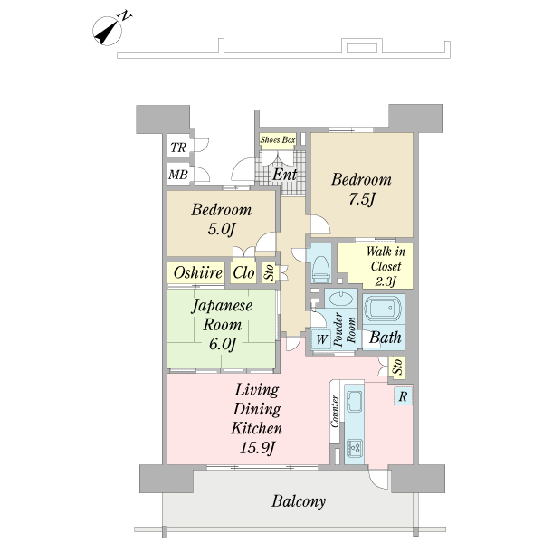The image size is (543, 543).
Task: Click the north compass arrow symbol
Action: click(x=108, y=31)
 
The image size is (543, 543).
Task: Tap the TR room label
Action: click(x=178, y=148)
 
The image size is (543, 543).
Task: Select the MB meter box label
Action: click(x=178, y=174)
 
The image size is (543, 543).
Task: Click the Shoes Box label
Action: click(x=278, y=140)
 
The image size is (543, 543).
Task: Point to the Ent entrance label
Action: click(x=285, y=174)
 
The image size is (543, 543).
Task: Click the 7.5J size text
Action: click(x=362, y=199)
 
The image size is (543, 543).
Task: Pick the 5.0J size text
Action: click(x=222, y=229)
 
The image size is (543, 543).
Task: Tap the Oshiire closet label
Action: click(x=197, y=273)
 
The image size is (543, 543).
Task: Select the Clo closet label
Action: click(x=243, y=272)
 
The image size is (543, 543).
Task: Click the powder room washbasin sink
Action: click(x=341, y=299)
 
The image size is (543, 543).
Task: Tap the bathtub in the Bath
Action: click(x=384, y=309)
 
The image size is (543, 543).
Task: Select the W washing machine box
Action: click(x=321, y=339)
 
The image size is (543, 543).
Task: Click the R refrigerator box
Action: click(x=403, y=396)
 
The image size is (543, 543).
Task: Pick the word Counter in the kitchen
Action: click(x=335, y=412)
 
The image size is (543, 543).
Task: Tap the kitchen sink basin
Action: click(x=354, y=402)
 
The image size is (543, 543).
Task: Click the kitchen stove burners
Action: click(x=355, y=449)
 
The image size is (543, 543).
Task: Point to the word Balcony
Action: click(x=299, y=501)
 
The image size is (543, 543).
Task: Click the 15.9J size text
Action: click(x=257, y=449)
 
